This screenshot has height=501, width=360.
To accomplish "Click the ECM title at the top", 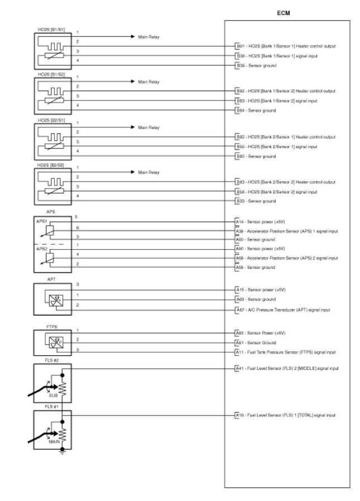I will click(284, 12).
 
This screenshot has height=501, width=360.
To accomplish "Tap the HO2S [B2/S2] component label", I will click(51, 165).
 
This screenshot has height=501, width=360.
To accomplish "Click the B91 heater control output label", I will click(285, 46).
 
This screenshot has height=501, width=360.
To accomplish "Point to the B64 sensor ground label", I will click(256, 111).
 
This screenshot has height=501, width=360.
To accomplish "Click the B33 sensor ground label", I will click(256, 201).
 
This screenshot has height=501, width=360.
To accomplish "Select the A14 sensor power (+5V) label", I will click(260, 222).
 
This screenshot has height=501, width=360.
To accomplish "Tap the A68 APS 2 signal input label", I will click(286, 258).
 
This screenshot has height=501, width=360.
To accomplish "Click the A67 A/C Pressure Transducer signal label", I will click(282, 310).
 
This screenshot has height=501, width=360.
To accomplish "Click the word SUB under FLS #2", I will click(53, 395).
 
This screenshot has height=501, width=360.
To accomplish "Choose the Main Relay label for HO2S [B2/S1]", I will click(149, 127).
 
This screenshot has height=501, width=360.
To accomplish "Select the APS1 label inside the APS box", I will click(41, 221).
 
